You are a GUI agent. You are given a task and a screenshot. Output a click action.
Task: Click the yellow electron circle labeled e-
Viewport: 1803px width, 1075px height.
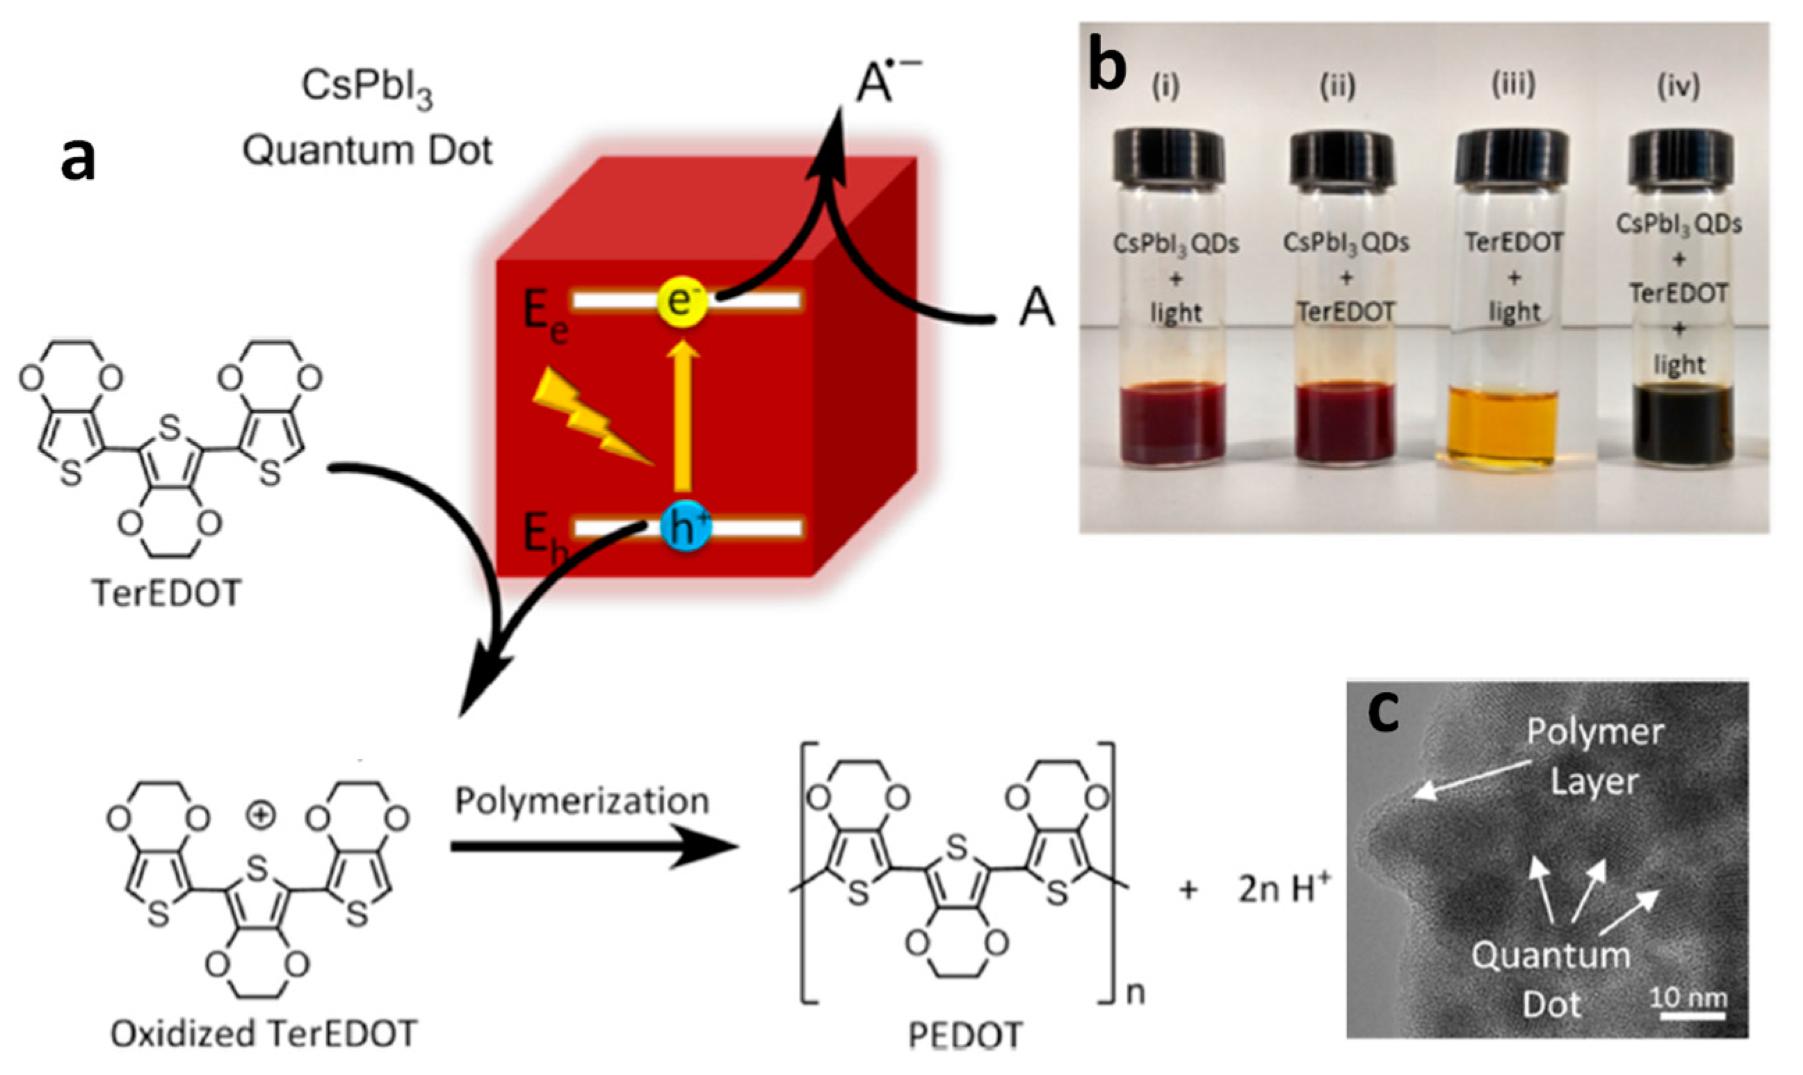tap(682, 302)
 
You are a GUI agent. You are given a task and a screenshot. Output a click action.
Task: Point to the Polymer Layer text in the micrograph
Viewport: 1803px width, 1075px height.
tap(1594, 756)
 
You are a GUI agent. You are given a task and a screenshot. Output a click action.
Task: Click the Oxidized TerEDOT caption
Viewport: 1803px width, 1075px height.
tap(264, 1034)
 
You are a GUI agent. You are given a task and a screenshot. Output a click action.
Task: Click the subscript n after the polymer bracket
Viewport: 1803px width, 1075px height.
tap(1135, 992)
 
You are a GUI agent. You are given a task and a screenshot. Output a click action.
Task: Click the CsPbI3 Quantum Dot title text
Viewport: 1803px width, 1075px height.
tap(367, 120)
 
